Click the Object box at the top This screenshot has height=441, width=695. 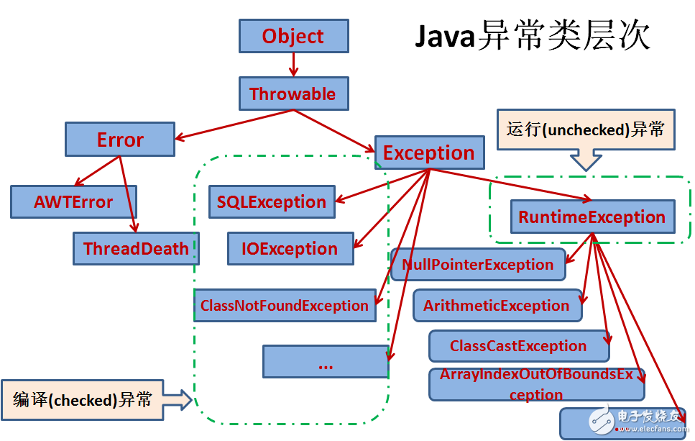coord(293,37)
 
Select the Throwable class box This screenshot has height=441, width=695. coord(293,94)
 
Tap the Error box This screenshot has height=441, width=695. coord(120,140)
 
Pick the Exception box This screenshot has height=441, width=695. coord(428,153)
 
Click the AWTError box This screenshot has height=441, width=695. coord(73,202)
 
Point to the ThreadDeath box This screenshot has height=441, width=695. coord(136,249)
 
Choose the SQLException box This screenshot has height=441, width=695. coord(272,202)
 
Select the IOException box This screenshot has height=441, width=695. coord(290,249)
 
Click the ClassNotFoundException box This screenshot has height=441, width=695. coord(285,306)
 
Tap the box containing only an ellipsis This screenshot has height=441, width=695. coord(325,362)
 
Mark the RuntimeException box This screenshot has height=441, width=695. coord(592,217)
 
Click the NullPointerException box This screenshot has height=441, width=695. coord(478,265)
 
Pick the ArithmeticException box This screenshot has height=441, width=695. coord(497,306)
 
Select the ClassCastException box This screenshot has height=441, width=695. coord(518,346)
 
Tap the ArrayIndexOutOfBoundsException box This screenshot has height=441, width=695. coord(536,385)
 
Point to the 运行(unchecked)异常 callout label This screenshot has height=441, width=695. coord(586,130)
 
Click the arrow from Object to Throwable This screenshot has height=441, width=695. coord(293,65)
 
